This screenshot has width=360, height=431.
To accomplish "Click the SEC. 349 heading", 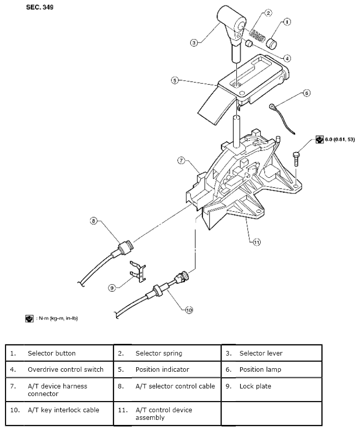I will [39, 9].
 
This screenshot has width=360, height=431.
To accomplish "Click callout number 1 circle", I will [287, 22].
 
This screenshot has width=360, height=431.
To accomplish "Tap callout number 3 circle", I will [194, 43].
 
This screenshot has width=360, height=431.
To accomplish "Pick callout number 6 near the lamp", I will [306, 93].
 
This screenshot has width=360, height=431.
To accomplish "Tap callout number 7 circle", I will [181, 161].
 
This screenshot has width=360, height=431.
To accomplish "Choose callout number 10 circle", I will [189, 310].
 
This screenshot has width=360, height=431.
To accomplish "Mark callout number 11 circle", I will [257, 242].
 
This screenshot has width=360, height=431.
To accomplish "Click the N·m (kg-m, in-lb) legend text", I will [56, 318].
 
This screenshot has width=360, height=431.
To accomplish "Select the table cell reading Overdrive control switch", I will [65, 369].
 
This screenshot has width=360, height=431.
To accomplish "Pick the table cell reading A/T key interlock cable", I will [63, 410].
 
